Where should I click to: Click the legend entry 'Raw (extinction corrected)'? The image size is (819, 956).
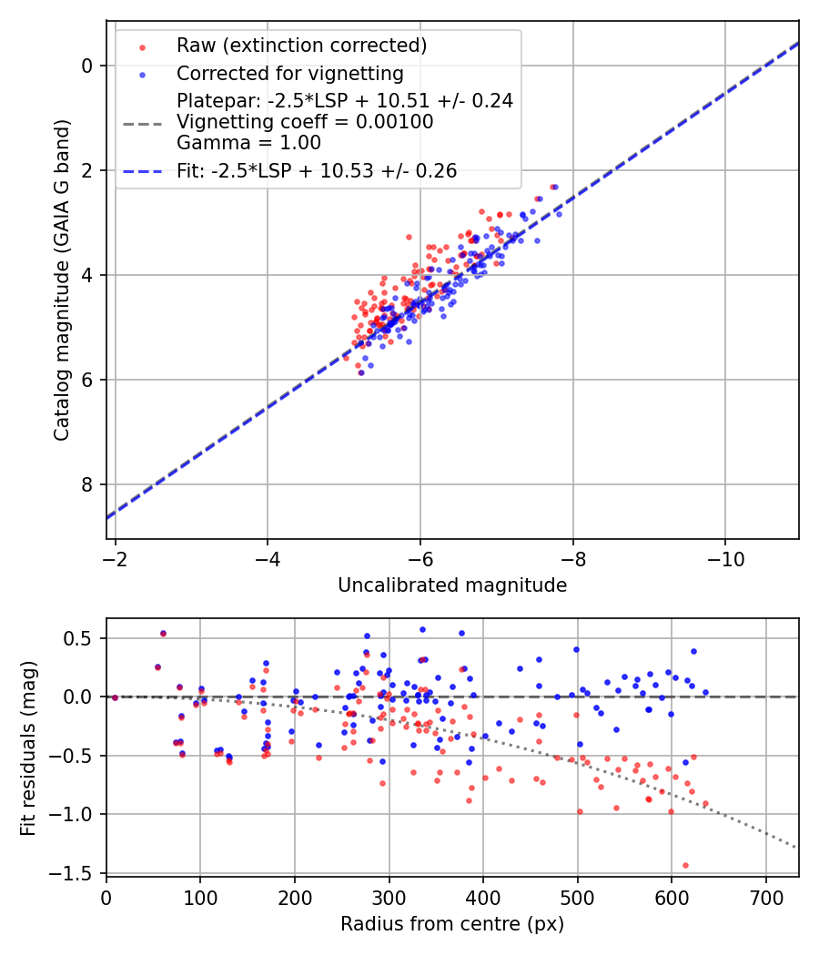302,46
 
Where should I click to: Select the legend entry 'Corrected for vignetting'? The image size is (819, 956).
290,73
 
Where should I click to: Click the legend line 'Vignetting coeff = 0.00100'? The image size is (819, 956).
305,122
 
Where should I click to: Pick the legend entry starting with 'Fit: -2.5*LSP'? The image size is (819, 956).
317,170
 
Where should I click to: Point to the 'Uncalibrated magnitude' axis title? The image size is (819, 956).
452,585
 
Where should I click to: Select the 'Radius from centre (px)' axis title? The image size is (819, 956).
452,924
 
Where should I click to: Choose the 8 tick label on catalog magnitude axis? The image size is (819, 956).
88,484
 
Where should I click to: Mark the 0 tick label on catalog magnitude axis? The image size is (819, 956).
88,66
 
